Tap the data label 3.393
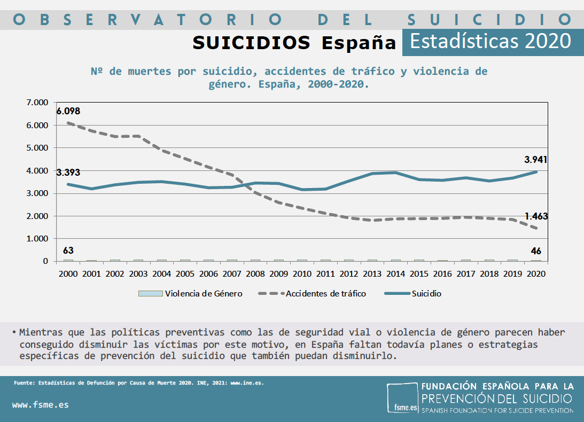click(68, 172)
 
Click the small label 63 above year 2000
click(68, 251)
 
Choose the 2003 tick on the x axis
click(138, 273)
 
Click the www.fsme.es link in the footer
click(41, 404)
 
